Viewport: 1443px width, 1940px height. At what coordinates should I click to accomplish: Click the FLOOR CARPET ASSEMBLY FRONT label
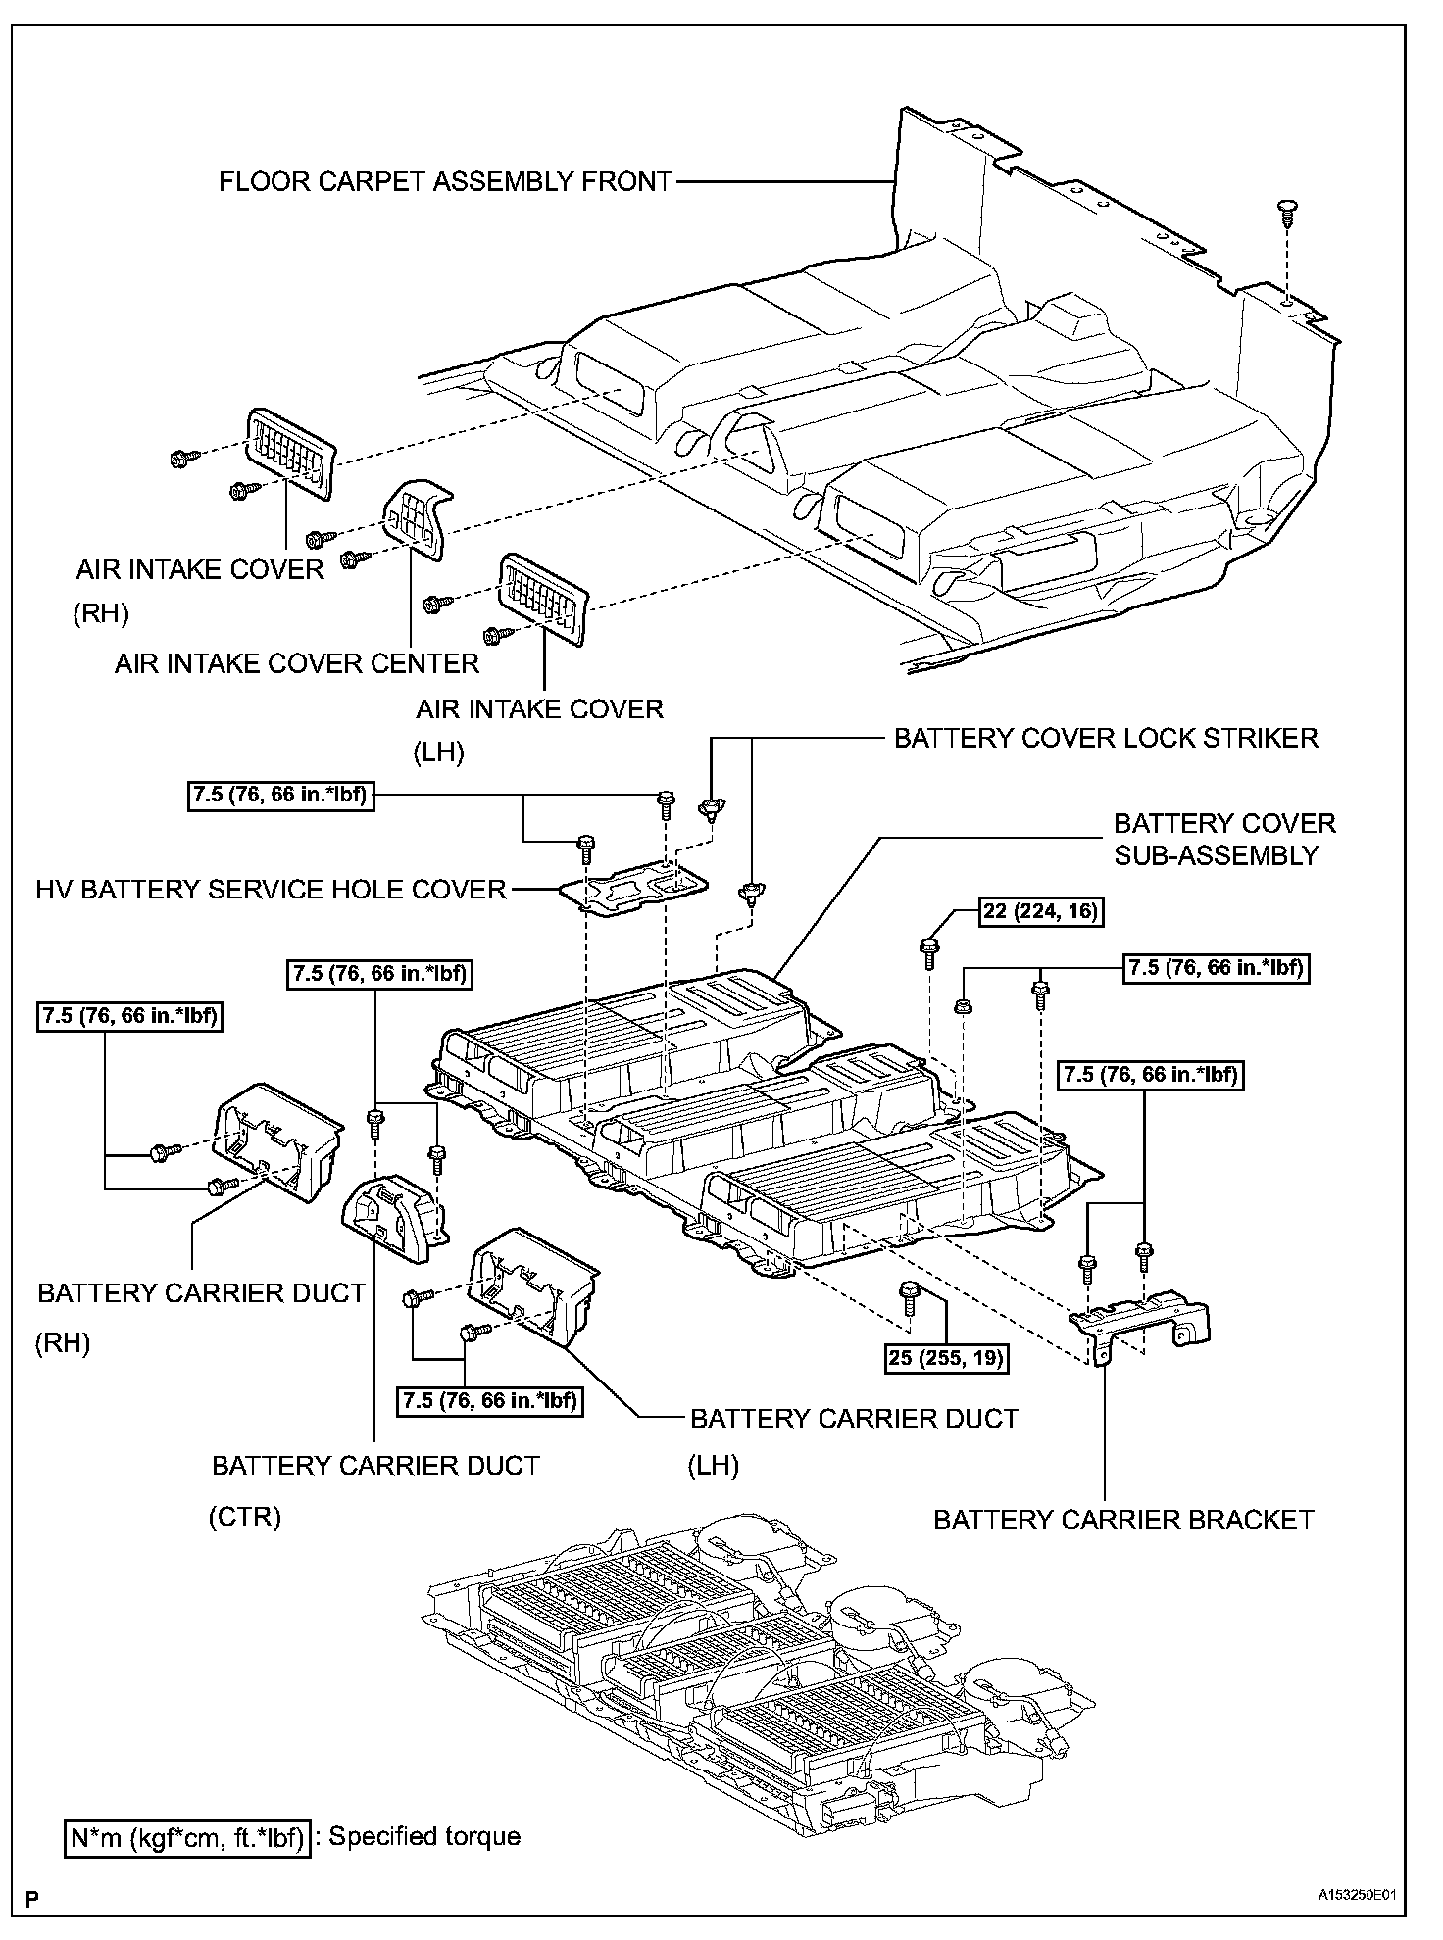[445, 182]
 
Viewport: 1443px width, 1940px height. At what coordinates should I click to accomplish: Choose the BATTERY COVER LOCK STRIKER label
[1106, 738]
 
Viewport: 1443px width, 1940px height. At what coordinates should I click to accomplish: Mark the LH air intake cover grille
[544, 598]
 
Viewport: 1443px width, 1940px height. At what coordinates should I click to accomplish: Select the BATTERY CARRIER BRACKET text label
[1123, 1520]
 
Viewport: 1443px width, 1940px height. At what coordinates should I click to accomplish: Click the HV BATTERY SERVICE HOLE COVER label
[272, 890]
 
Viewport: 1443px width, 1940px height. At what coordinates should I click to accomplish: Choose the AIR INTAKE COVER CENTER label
[297, 663]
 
